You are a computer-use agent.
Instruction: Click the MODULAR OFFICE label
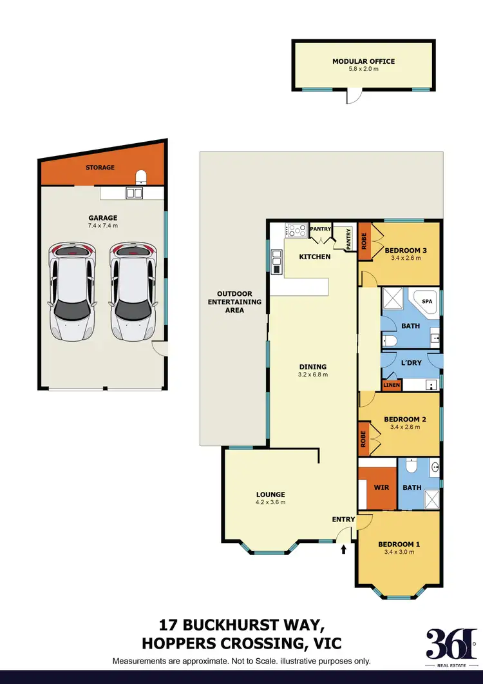point(363,61)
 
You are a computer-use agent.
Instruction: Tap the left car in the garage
point(72,291)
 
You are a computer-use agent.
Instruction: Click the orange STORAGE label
point(100,168)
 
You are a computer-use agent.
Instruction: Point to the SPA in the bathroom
point(426,302)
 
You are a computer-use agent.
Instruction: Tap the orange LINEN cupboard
point(392,386)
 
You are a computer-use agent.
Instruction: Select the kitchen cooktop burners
point(296,229)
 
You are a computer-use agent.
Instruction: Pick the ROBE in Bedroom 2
point(364,439)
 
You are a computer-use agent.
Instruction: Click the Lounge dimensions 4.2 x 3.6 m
point(270,502)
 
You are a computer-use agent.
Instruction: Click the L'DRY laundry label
point(411,363)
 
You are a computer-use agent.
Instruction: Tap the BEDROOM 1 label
point(399,543)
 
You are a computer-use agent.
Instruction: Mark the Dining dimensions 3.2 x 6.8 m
point(312,375)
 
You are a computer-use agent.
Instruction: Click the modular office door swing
point(352,97)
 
